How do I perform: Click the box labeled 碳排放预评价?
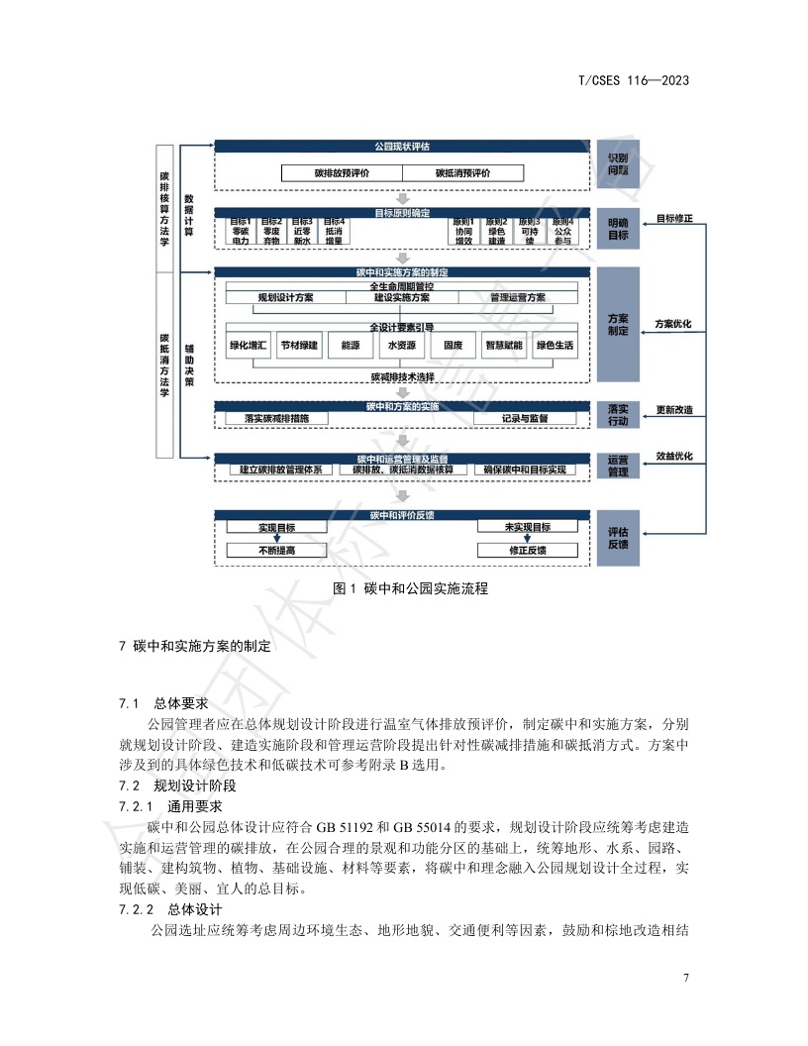coord(342,173)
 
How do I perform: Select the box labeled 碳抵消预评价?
coord(463,173)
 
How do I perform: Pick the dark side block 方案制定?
coord(618,324)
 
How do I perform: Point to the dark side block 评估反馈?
coord(618,538)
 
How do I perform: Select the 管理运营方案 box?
coord(517,297)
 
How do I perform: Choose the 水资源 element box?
coord(402,346)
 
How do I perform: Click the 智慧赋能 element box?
coord(503,346)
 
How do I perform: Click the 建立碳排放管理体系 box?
coord(281,470)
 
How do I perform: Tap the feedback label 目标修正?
coord(673,218)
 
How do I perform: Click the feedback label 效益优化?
coord(673,457)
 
